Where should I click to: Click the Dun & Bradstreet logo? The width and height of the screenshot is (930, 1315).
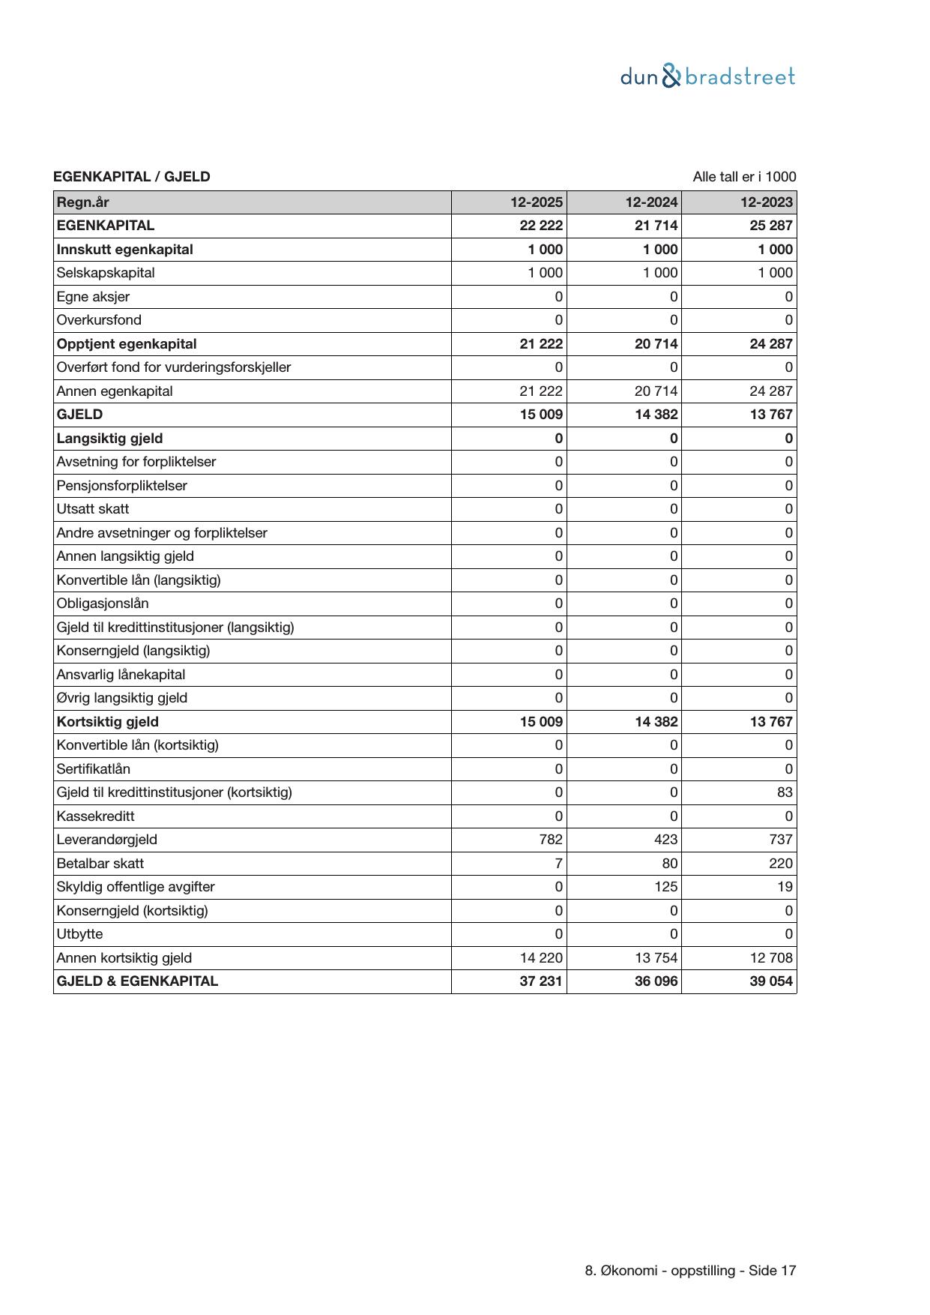pyautogui.click(x=707, y=76)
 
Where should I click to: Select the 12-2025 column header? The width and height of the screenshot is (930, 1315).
pyautogui.click(x=537, y=202)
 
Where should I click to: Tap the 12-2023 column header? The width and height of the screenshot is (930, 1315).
pyautogui.click(x=766, y=202)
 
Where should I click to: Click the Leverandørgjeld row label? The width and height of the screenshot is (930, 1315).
pyautogui.click(x=107, y=840)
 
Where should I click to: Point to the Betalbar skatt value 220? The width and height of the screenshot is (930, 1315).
pyautogui.click(x=779, y=864)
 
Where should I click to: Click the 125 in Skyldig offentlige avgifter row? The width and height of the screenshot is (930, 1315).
pyautogui.click(x=665, y=887)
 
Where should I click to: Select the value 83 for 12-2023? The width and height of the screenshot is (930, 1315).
pyautogui.click(x=785, y=792)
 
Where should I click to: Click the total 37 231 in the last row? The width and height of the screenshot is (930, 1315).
pyautogui.click(x=541, y=981)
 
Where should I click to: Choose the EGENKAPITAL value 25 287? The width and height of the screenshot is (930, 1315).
pyautogui.click(x=771, y=226)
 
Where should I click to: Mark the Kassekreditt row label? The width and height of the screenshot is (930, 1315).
pyautogui.click(x=96, y=816)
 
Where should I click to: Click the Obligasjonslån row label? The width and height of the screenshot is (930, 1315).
pyautogui.click(x=103, y=604)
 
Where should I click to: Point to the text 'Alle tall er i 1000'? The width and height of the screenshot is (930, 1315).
pyautogui.click(x=744, y=177)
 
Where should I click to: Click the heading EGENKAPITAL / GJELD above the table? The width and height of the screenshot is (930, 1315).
pyautogui.click(x=132, y=177)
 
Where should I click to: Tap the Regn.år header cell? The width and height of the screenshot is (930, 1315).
pyautogui.click(x=83, y=202)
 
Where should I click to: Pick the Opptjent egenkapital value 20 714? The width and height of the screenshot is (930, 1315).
pyautogui.click(x=656, y=344)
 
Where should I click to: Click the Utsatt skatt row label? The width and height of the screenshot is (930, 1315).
pyautogui.click(x=93, y=509)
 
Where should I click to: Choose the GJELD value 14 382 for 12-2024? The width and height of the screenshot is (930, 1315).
pyautogui.click(x=656, y=415)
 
